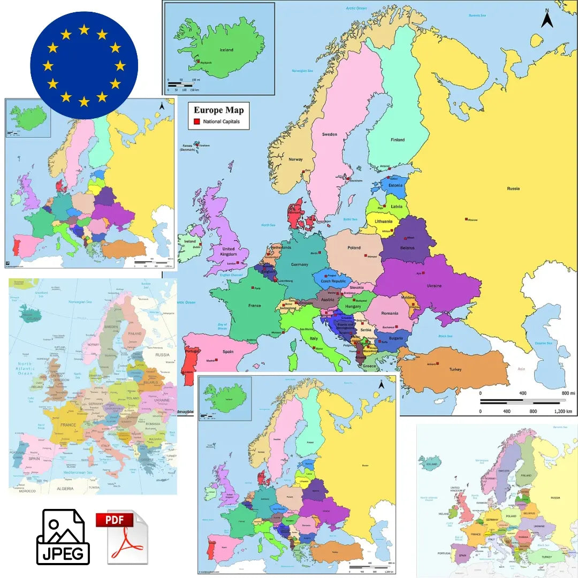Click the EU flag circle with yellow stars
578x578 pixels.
coord(84,65)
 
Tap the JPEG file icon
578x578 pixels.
coord(63,537)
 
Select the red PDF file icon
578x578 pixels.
coord(121,537)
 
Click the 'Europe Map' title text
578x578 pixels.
coord(218,110)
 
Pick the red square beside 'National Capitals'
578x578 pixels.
coord(196,122)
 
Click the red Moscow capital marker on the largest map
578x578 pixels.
coord(467,218)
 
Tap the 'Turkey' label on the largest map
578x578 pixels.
coord(455,369)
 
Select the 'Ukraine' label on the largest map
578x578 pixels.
coord(434,286)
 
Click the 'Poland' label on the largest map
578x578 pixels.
coord(354,248)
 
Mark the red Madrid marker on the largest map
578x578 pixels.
coord(217,360)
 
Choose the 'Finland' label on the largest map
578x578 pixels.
coord(398,140)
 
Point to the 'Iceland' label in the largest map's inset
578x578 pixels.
coord(226,50)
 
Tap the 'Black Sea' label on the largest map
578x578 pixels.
coord(445,336)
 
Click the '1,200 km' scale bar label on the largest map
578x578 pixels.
coord(562,412)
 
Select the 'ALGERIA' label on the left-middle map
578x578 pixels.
coord(65,488)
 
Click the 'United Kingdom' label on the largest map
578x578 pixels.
coord(229,252)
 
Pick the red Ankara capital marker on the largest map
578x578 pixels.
coord(437,363)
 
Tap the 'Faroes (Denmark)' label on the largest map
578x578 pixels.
coord(188,148)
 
